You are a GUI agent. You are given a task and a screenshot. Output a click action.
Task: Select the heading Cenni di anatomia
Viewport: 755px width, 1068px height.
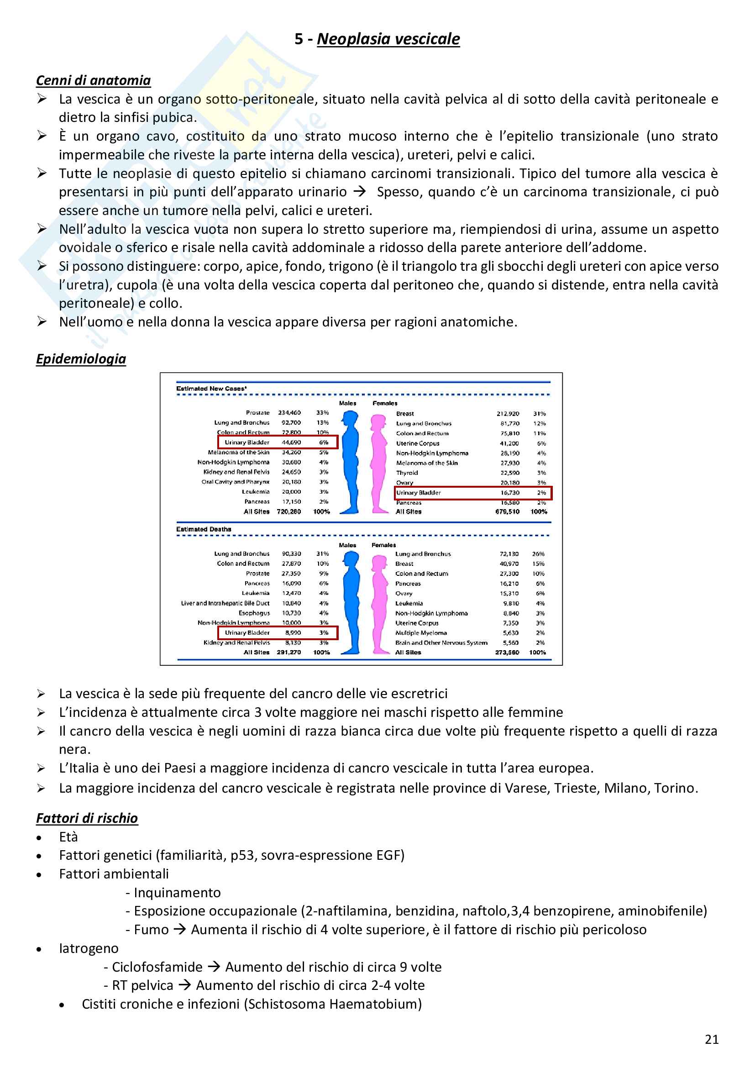[94, 80]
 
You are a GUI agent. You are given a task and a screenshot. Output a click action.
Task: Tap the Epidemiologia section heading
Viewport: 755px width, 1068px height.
[81, 359]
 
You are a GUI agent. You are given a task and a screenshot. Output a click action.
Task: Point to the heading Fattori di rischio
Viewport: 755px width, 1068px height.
[87, 818]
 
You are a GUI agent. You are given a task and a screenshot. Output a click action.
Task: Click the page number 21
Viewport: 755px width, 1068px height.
[711, 1039]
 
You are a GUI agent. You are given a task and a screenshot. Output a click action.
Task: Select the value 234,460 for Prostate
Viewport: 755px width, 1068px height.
[289, 413]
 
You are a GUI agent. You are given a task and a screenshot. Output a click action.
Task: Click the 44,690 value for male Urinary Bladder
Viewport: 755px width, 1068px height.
[291, 442]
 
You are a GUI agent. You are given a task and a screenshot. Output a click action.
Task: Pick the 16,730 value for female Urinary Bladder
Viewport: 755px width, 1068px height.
[509, 493]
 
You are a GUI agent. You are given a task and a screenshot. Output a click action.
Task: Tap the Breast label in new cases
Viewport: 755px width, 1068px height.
[405, 414]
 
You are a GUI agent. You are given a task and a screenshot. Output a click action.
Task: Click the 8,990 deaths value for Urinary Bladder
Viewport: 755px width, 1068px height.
[293, 632]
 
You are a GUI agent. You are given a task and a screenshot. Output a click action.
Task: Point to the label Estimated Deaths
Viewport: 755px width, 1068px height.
[204, 529]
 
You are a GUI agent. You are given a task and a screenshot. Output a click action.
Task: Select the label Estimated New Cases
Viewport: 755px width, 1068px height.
[211, 389]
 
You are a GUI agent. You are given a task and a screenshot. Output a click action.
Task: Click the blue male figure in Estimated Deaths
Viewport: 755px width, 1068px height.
[351, 603]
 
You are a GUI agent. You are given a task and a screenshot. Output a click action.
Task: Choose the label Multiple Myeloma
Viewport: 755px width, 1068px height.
[421, 633]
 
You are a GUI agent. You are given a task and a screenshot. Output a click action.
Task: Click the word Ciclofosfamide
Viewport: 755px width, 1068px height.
[157, 967]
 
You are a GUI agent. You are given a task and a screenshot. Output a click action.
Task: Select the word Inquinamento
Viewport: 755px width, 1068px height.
[177, 893]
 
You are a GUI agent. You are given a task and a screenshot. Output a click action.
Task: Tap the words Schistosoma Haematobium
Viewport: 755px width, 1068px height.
[333, 1004]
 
